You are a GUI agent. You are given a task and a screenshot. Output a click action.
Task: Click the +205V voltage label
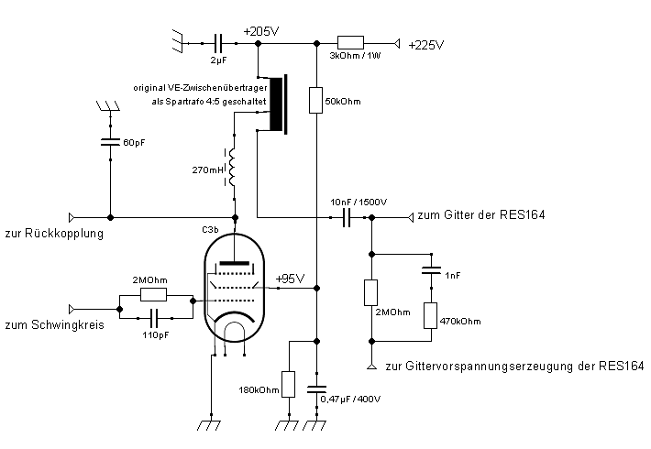point(261,30)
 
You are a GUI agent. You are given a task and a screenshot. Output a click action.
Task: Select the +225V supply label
point(426,44)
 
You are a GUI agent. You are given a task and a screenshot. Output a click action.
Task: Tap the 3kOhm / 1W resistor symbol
point(351,42)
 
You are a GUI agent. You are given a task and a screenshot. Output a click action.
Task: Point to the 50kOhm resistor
point(315,99)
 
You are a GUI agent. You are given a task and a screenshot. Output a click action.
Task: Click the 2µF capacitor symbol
point(218,42)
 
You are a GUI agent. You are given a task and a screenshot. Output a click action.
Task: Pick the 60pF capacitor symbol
point(111,142)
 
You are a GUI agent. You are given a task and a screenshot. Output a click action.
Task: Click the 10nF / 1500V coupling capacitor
point(348,217)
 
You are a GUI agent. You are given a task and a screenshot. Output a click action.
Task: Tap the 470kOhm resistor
point(429,315)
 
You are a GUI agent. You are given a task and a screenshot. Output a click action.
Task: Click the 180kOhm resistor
point(288,383)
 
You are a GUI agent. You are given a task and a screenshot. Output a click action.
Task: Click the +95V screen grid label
point(290,279)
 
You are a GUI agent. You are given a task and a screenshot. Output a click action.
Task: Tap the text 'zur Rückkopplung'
point(53,233)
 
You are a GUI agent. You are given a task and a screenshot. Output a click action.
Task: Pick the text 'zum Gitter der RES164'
point(481,216)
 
